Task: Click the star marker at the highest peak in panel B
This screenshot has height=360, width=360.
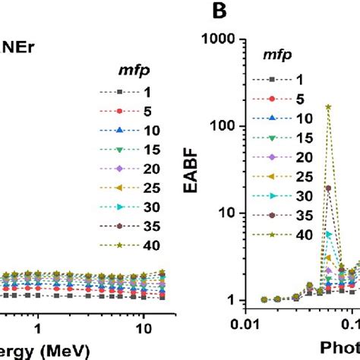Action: (328, 107)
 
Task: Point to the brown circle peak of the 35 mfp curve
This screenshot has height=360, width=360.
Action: (328, 188)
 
